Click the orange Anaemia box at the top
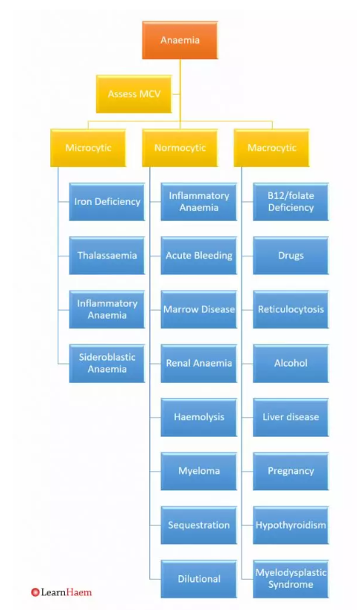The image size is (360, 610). pyautogui.click(x=180, y=41)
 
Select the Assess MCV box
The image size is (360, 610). pyautogui.click(x=134, y=94)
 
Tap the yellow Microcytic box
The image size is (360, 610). pyautogui.click(x=88, y=148)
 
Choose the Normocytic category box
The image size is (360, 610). pyautogui.click(x=180, y=148)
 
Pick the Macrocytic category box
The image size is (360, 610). pyautogui.click(x=271, y=148)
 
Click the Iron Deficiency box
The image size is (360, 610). pyautogui.click(x=107, y=202)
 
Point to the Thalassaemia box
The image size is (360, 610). pyautogui.click(x=107, y=256)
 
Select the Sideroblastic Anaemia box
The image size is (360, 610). pyautogui.click(x=107, y=363)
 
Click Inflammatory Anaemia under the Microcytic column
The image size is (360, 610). pyautogui.click(x=107, y=310)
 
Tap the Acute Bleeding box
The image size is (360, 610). pyautogui.click(x=199, y=256)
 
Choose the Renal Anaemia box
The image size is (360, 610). pyautogui.click(x=199, y=363)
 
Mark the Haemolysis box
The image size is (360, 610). pyautogui.click(x=199, y=417)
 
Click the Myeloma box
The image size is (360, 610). pyautogui.click(x=199, y=471)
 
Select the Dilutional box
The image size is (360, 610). pyautogui.click(x=199, y=579)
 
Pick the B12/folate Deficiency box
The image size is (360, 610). pyautogui.click(x=291, y=202)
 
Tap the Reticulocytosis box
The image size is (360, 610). pyautogui.click(x=291, y=310)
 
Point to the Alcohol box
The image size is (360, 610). pyautogui.click(x=291, y=363)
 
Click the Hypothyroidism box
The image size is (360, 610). pyautogui.click(x=291, y=525)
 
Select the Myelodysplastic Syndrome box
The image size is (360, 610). pyautogui.click(x=291, y=579)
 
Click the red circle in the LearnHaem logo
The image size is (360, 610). pyautogui.click(x=35, y=592)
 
